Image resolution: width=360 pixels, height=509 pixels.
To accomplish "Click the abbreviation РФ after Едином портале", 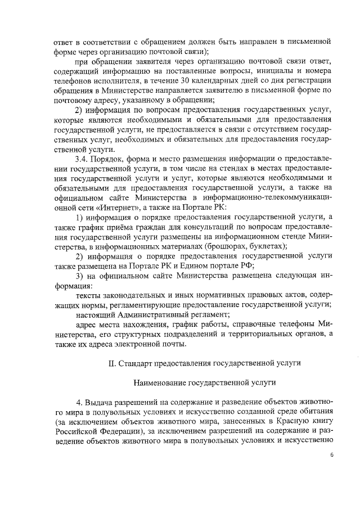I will pos(247,265).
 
